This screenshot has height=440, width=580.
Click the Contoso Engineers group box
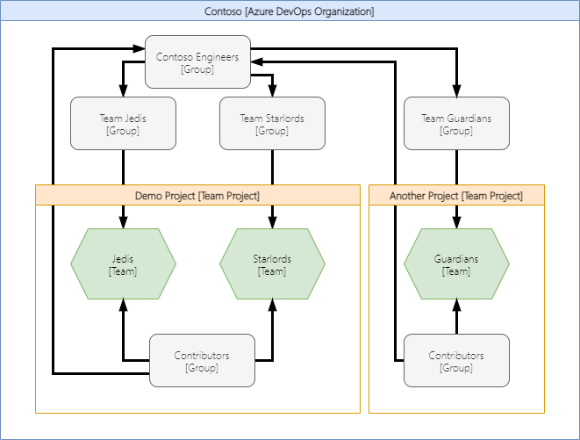click(197, 62)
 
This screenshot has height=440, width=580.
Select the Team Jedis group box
click(123, 124)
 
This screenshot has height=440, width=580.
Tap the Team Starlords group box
click(272, 124)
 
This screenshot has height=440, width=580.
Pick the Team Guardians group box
click(456, 124)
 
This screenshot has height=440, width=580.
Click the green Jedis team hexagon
click(123, 264)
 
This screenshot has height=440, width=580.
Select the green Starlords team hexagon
click(272, 264)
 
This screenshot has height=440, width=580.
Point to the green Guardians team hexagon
click(456, 264)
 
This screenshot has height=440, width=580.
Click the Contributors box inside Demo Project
click(202, 361)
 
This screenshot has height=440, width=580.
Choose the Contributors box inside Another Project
click(456, 361)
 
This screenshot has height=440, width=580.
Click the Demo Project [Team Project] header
click(197, 196)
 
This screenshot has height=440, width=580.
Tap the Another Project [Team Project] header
click(456, 196)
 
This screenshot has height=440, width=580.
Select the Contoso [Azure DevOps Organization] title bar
click(290, 11)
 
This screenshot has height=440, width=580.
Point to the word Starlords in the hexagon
click(272, 259)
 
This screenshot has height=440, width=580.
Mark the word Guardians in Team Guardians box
click(469, 119)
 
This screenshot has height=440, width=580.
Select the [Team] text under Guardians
click(456, 271)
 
